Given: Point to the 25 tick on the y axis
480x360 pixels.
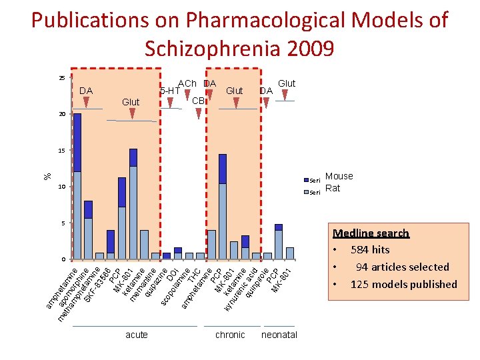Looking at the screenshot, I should (x=61, y=78).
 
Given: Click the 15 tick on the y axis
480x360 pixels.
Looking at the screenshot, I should (x=61, y=151).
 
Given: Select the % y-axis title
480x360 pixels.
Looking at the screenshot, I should (x=47, y=176).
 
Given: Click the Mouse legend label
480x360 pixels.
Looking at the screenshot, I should (x=339, y=176).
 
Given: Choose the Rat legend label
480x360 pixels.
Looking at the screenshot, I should (x=332, y=188).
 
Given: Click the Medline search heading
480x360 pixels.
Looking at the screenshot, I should (x=371, y=233).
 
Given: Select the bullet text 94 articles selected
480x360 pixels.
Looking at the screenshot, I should (x=402, y=267).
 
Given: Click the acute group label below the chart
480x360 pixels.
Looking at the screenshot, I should (x=137, y=335).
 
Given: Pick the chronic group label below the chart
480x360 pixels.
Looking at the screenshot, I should (x=230, y=335).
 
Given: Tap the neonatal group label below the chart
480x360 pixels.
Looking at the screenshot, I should (x=279, y=335).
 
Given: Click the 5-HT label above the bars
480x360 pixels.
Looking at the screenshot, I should (x=170, y=90).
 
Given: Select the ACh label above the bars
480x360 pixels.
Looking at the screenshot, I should (x=187, y=84).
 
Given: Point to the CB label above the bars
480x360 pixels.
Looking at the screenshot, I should (x=197, y=100).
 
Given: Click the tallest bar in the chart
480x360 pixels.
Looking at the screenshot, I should (x=77, y=186).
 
